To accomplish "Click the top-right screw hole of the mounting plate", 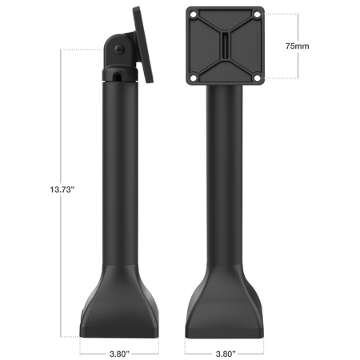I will pos(258,14).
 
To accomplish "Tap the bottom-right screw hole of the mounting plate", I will pos(258,78).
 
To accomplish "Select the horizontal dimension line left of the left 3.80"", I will pos(92,350).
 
